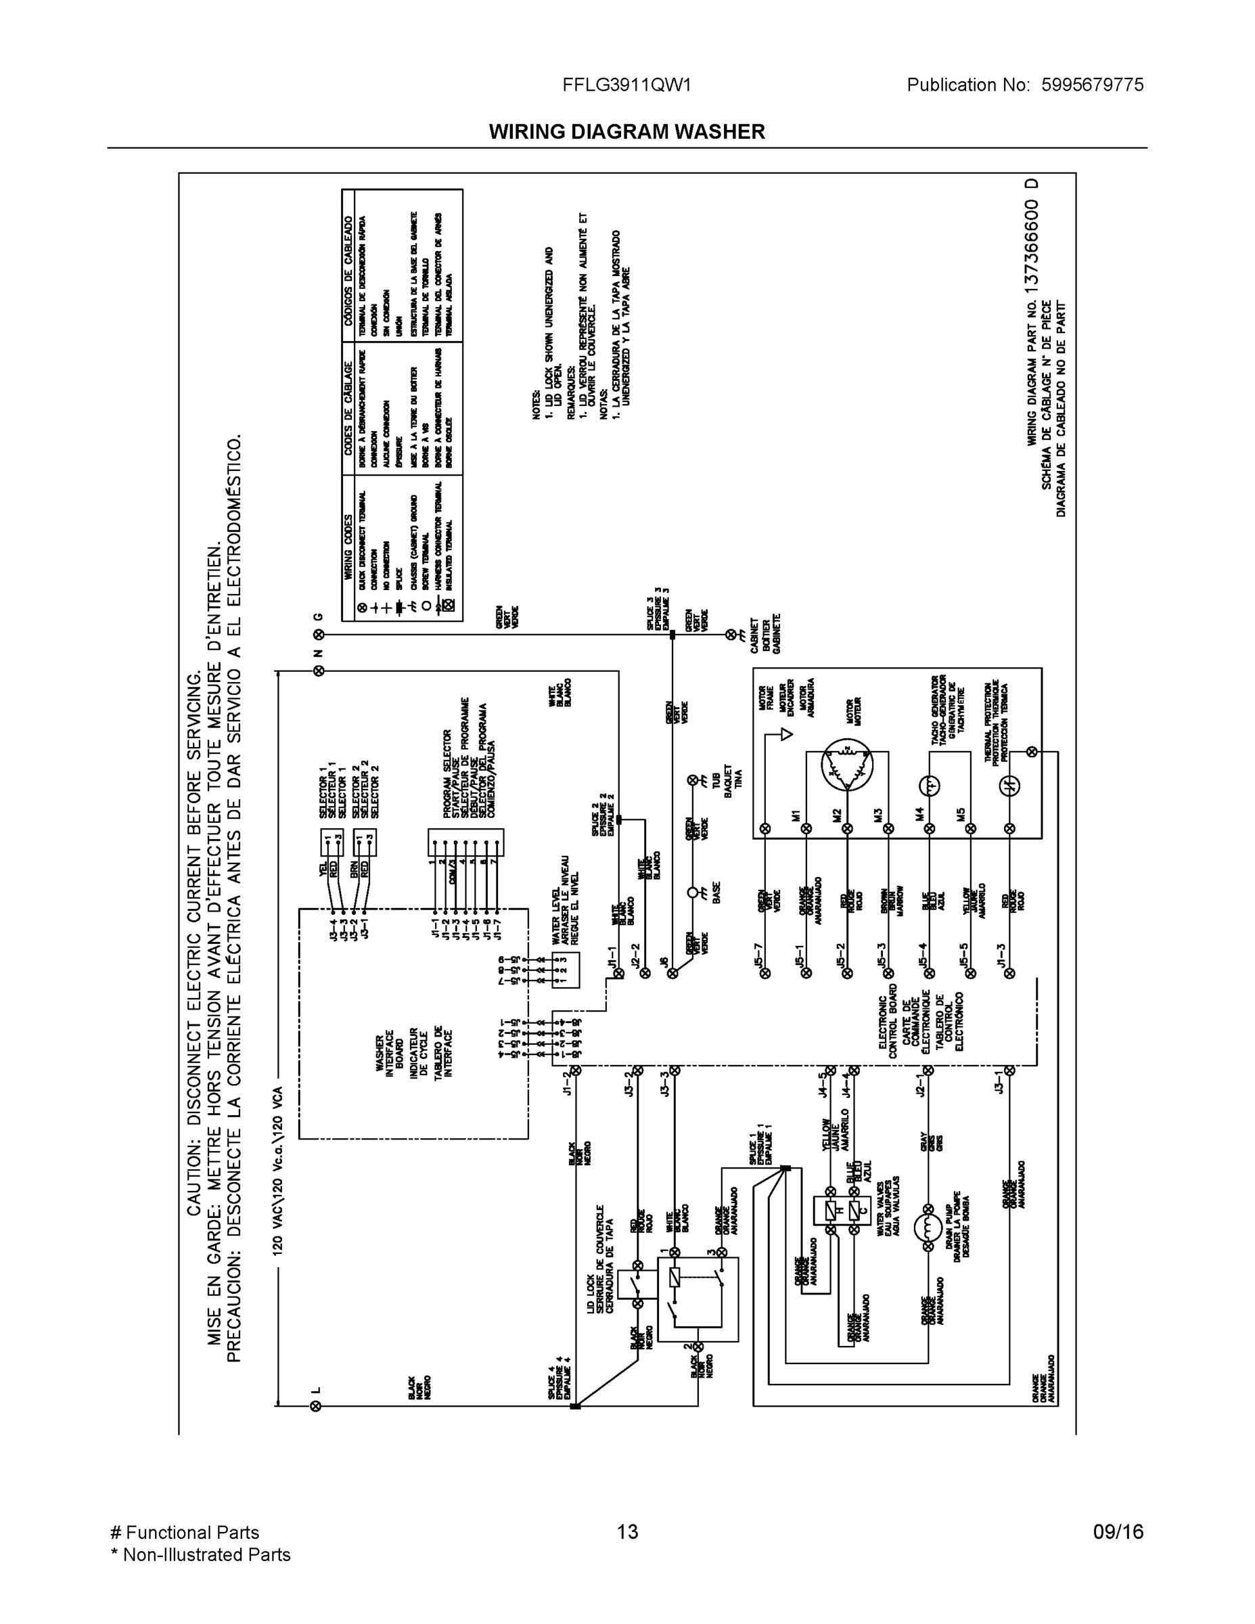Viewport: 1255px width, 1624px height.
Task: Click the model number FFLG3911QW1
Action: pos(626,85)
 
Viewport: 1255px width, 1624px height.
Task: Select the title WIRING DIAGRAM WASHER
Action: pos(626,132)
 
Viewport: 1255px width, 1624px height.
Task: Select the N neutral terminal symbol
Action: pos(319,671)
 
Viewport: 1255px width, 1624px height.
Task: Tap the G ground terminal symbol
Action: pos(319,634)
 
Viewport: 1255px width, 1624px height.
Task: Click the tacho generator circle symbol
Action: pos(930,784)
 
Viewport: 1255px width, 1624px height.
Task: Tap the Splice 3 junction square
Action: pos(672,634)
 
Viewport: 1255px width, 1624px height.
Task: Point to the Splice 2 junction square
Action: pos(618,819)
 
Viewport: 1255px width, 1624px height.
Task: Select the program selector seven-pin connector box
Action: pos(465,843)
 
